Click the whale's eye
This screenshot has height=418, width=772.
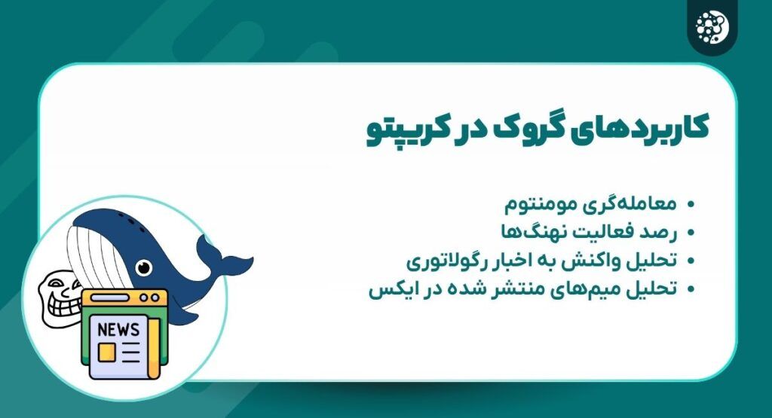[x=143, y=267]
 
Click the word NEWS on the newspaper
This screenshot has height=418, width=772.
[x=118, y=329]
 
